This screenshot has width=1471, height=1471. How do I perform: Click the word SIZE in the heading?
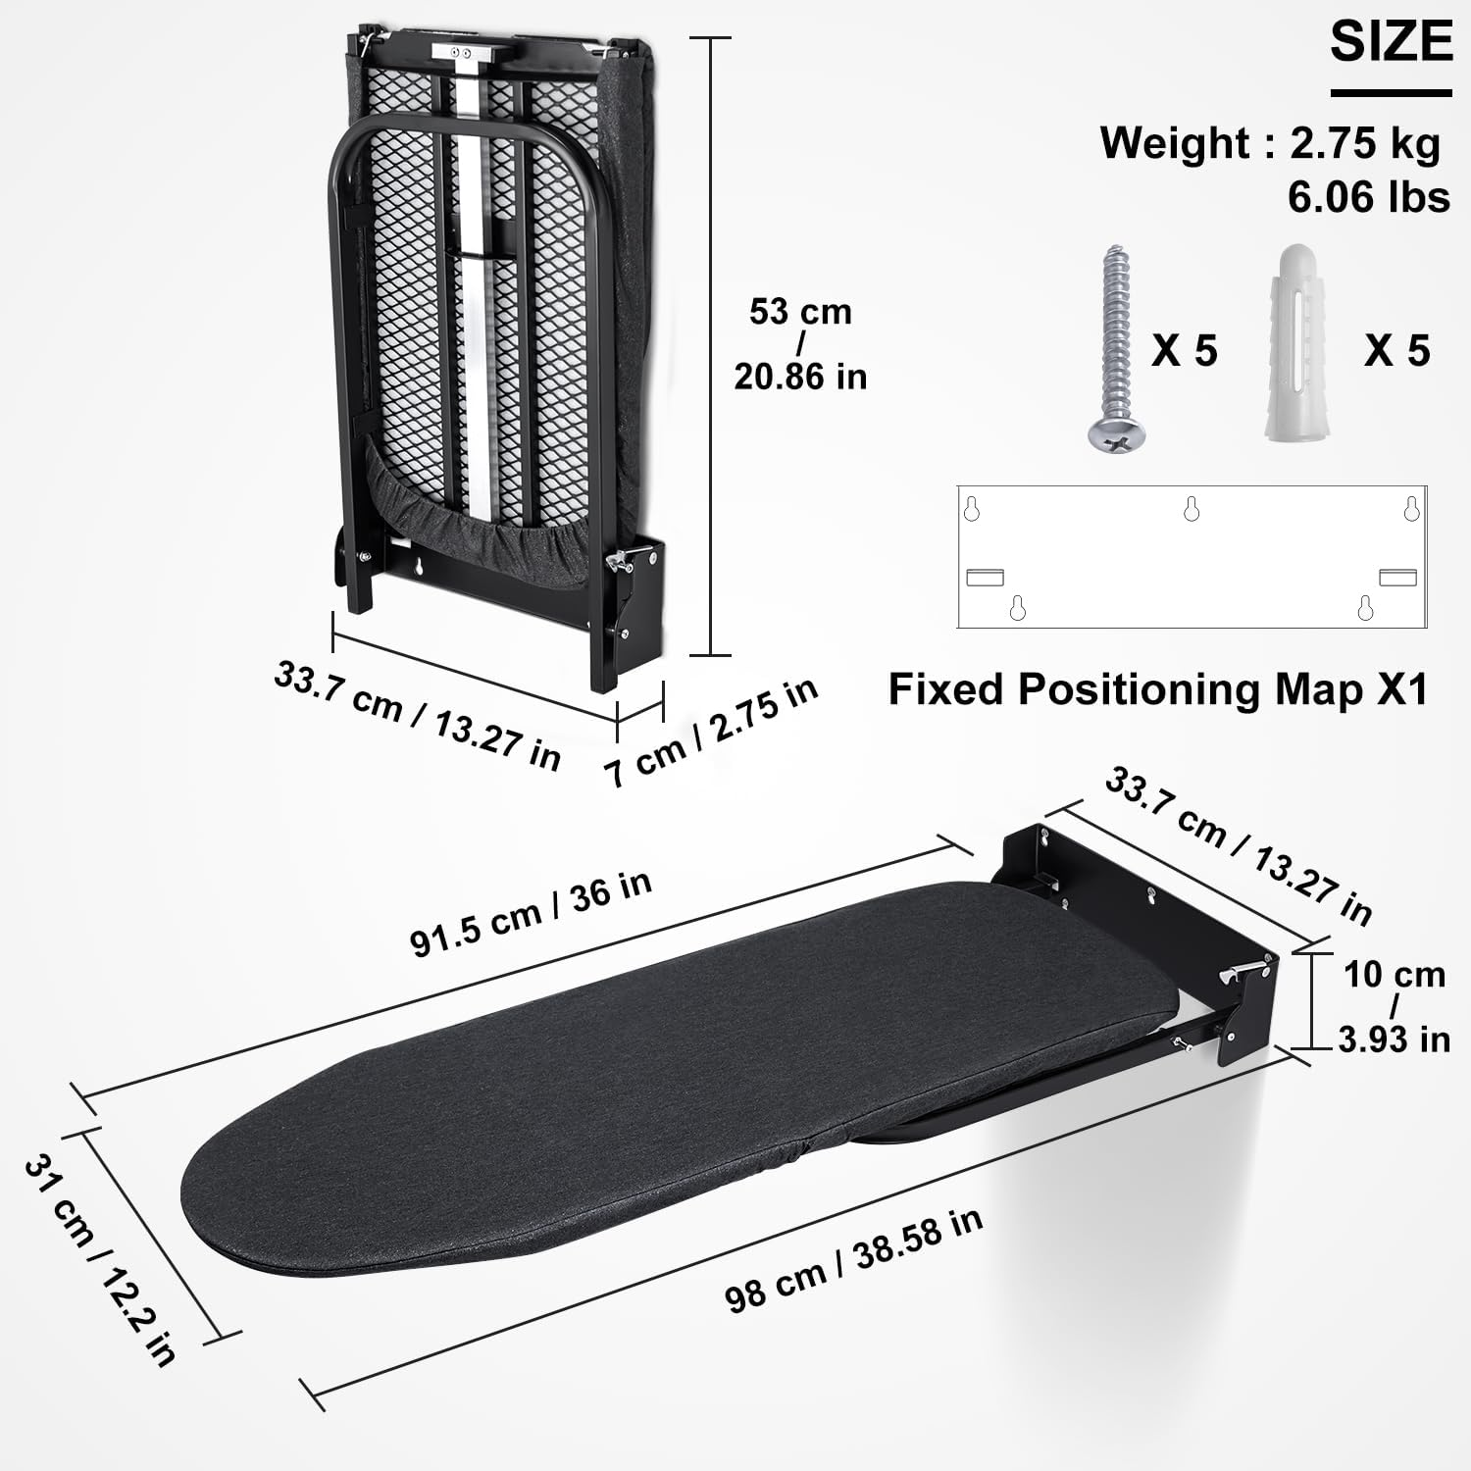tap(1391, 41)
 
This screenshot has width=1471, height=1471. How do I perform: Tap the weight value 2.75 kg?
tap(1365, 143)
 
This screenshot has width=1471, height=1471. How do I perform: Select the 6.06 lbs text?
tap(1368, 197)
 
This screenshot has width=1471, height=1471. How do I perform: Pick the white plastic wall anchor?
tap(1300, 343)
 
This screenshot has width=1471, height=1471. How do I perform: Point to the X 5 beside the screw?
tap(1184, 350)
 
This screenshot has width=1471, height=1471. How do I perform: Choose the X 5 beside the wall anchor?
tap(1396, 350)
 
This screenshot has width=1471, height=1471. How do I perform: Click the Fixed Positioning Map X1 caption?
tap(1157, 689)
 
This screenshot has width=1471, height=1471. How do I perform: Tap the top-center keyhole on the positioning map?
tap(1192, 508)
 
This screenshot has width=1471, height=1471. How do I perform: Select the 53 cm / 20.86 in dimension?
tap(800, 344)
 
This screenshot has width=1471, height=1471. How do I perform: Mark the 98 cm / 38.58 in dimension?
tap(853, 1259)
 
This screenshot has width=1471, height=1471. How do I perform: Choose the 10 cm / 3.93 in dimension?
tap(1394, 1006)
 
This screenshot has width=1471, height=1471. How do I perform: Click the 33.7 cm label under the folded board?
tap(417, 715)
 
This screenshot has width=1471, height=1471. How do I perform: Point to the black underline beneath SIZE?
tap(1391, 94)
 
